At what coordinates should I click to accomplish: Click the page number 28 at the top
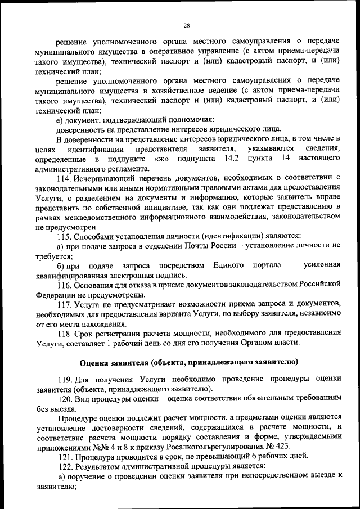[186, 25]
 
